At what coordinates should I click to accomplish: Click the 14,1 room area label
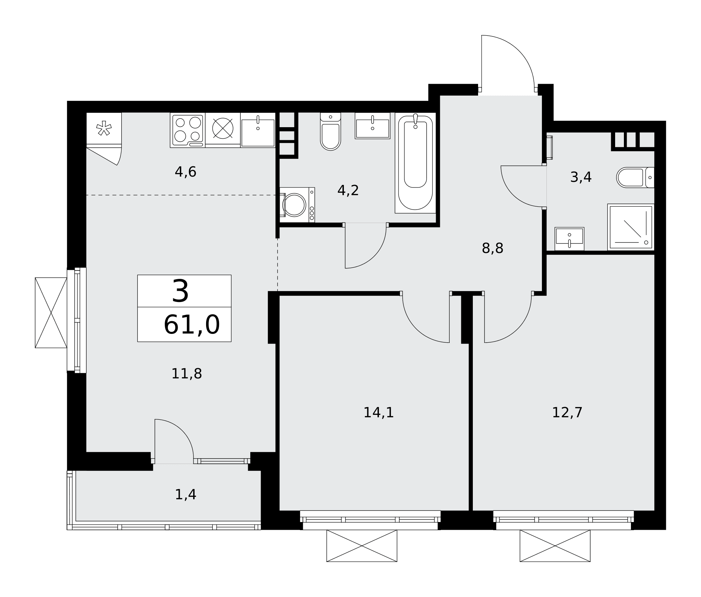tap(379, 413)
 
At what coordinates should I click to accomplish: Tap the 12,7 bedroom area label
tap(567, 413)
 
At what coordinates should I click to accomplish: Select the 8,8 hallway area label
tap(492, 248)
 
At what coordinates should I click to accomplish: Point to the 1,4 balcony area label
tap(185, 495)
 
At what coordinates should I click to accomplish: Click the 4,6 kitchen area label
tap(185, 172)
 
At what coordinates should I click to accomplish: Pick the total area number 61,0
tap(192, 325)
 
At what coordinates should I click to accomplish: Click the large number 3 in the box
tap(181, 291)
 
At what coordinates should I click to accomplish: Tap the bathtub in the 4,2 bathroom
tap(415, 163)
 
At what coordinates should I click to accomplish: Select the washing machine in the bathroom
tap(297, 205)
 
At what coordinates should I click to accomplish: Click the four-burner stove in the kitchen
tap(188, 130)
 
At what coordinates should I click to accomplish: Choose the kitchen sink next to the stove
tap(258, 130)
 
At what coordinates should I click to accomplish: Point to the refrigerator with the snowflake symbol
tap(104, 130)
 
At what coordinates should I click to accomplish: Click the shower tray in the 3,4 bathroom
tap(631, 227)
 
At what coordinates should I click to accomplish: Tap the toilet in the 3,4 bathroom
tap(635, 177)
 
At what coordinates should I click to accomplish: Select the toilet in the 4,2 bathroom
tap(331, 131)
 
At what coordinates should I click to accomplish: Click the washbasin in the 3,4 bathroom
tap(569, 239)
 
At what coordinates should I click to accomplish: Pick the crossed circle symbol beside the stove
tap(223, 128)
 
